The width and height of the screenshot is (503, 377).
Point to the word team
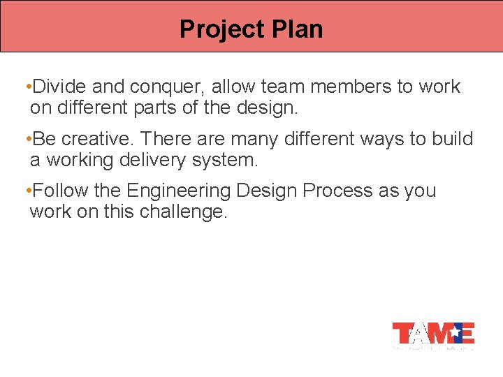[283, 87]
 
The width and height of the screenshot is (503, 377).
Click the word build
[453, 139]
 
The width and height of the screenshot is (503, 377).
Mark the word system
[226, 160]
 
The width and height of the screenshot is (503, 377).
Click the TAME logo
[433, 334]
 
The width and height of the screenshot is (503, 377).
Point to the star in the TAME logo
[455, 330]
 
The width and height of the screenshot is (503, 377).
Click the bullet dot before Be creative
[26, 139]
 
